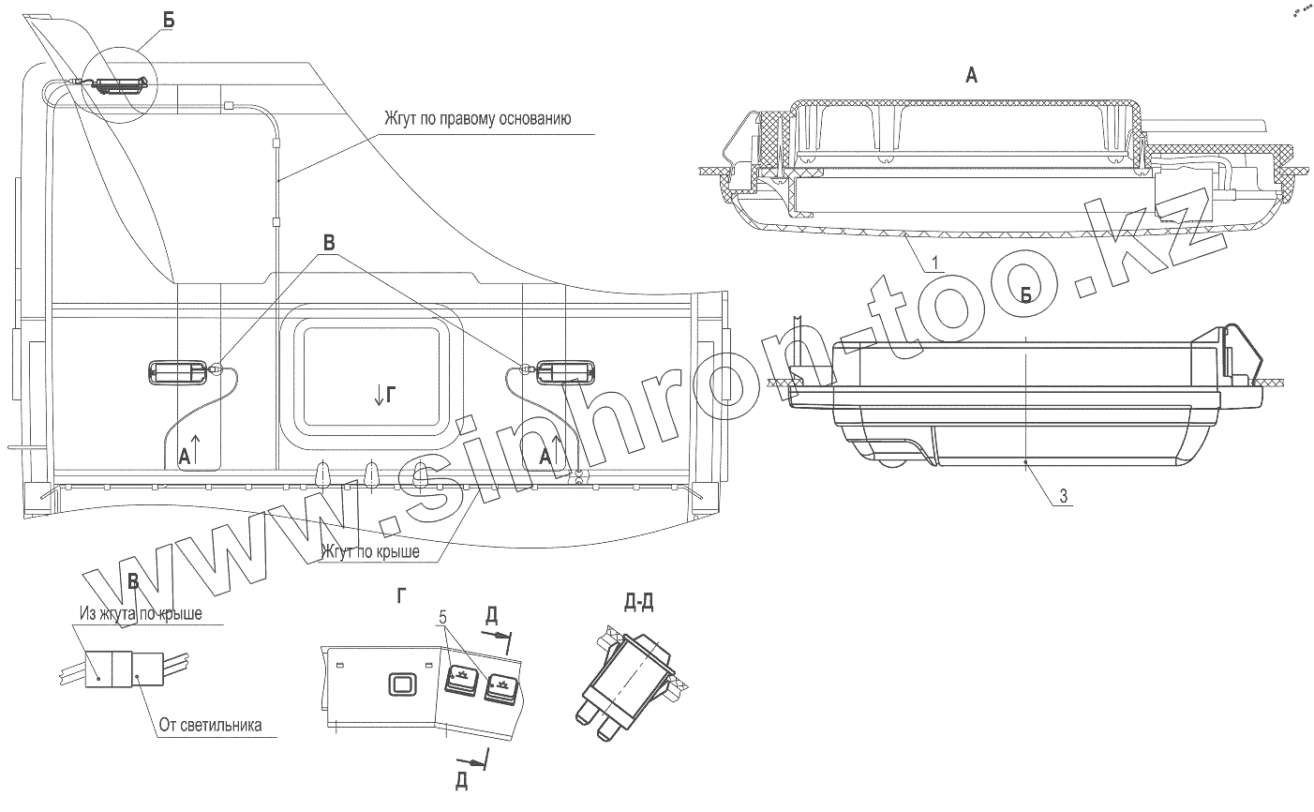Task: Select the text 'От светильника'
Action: coord(210,725)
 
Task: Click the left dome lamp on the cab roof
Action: coord(177,372)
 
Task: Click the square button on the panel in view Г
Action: coord(403,684)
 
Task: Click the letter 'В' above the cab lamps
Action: coord(329,240)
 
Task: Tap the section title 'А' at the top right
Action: coord(972,77)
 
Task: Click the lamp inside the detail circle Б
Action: coord(118,85)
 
